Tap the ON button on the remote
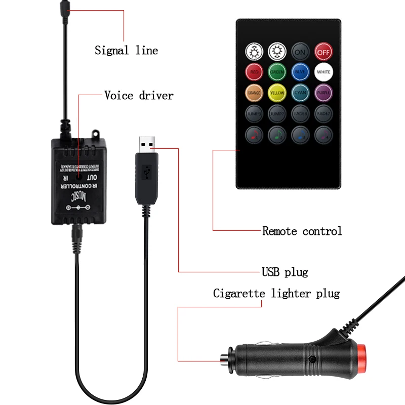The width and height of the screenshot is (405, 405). (x=300, y=51)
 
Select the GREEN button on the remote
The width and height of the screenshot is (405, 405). (x=277, y=72)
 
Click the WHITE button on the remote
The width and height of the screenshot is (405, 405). (x=323, y=72)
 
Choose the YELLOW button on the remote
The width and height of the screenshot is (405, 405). (x=277, y=93)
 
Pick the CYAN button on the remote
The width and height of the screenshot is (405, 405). (x=300, y=93)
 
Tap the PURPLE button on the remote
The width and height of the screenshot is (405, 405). (x=323, y=93)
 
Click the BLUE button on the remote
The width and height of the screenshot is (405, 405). (x=300, y=72)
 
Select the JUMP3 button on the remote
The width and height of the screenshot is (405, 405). (x=254, y=113)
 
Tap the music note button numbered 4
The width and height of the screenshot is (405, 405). (x=323, y=135)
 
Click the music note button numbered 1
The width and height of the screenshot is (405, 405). (x=254, y=135)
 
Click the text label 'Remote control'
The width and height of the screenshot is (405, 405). (x=302, y=231)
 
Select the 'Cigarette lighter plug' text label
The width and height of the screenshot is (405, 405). (x=276, y=294)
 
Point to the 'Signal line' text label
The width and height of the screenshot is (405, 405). (x=126, y=51)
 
